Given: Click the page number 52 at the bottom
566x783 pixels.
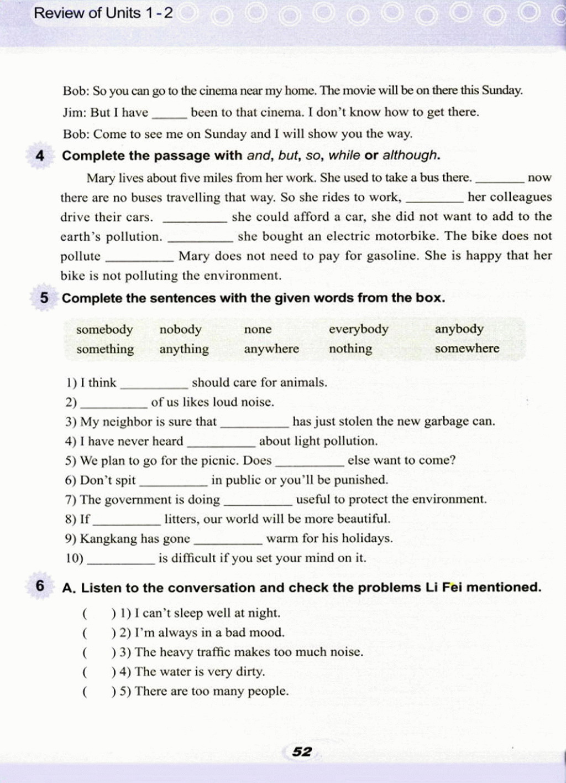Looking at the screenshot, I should pos(302,751).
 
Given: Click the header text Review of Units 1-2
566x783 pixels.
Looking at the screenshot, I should pos(103,13).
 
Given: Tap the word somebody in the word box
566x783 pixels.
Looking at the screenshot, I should pos(104,330).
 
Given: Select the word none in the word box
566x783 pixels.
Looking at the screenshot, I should pos(258,330).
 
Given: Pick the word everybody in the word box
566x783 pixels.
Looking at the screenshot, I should pos(358,329).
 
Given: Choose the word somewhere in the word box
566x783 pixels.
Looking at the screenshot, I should pos(467,349).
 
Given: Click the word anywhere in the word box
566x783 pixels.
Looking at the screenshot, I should pos(271,349).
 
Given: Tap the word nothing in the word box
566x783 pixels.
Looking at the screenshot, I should pos(350,349).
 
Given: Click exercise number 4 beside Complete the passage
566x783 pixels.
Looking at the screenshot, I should pos(39,155).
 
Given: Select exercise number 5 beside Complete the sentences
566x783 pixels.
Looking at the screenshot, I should pos(44,298).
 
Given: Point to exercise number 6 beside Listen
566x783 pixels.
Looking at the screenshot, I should pos(40,586).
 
